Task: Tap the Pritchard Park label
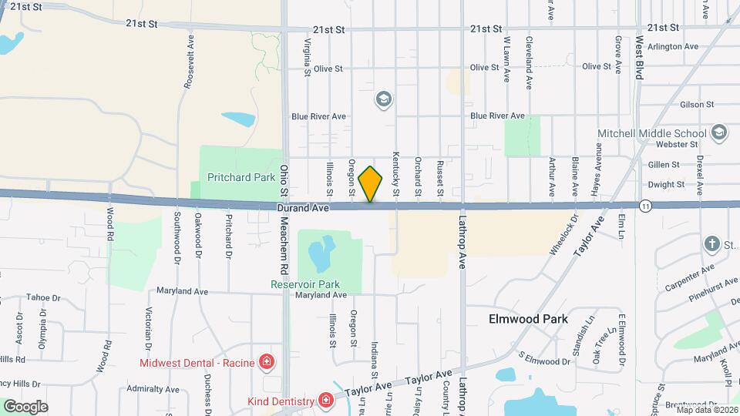(241, 177)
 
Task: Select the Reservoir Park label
(304, 283)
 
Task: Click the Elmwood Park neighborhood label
(528, 319)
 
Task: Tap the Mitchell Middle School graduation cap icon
(718, 133)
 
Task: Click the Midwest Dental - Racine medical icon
(267, 361)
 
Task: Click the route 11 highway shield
(645, 206)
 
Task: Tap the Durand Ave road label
(304, 208)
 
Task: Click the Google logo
(25, 406)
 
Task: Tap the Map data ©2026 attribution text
(706, 410)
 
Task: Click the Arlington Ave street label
(673, 46)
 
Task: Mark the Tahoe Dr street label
(43, 297)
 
